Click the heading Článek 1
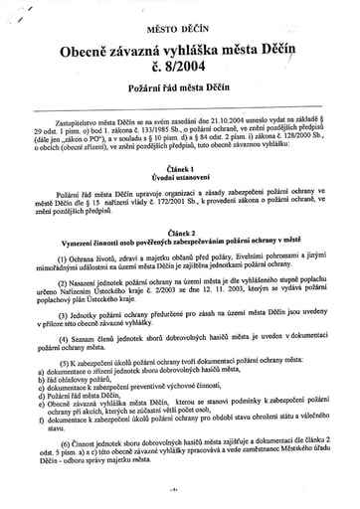[x=180, y=167]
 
